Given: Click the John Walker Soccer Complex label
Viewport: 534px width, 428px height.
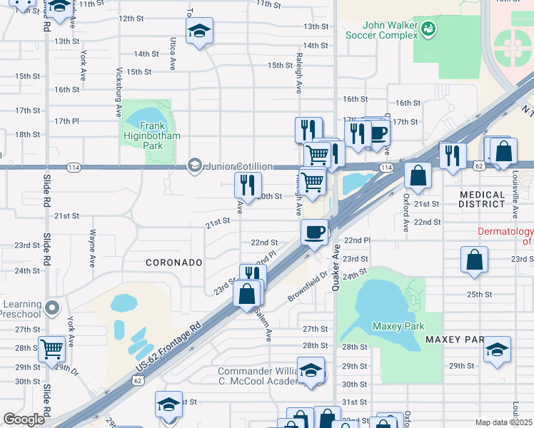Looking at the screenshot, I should click(x=380, y=29).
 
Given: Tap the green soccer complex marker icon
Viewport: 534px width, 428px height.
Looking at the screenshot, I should click(x=428, y=29).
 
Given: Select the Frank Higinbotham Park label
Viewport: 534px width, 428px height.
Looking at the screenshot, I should click(x=150, y=135).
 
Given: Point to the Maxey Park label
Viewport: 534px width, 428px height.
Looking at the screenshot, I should click(x=393, y=326).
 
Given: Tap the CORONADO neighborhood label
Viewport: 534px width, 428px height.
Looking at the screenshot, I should click(x=174, y=263).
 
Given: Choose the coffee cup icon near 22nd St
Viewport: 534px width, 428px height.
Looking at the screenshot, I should click(x=314, y=231).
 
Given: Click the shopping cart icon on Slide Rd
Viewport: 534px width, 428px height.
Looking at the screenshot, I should click(x=52, y=349).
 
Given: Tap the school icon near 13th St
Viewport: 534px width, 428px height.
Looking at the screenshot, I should click(x=200, y=30).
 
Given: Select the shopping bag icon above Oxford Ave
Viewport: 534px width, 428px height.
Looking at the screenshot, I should click(x=418, y=175).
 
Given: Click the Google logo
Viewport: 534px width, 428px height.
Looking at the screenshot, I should click(x=24, y=419).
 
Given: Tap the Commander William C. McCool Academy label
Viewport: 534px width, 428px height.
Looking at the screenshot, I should click(x=264, y=377).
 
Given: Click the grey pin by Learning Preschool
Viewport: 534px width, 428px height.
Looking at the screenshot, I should click(x=51, y=308).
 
